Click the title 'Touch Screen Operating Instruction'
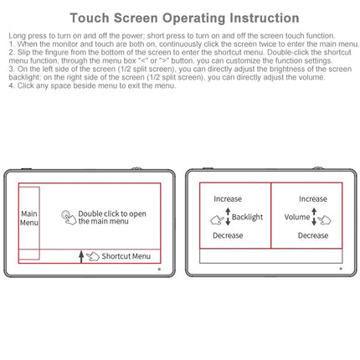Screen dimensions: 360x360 (183, 18)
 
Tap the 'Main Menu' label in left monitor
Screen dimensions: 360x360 (29, 219)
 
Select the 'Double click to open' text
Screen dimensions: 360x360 (112, 213)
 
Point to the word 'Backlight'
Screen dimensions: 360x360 (247, 217)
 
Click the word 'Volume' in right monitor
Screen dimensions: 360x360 (296, 217)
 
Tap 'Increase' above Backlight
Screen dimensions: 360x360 (228, 199)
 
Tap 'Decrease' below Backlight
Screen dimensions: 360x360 (228, 236)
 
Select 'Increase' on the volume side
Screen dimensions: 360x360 (313, 199)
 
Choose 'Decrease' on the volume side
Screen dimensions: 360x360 (313, 236)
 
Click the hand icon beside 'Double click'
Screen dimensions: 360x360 (69, 217)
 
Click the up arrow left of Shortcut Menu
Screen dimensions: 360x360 (81, 256)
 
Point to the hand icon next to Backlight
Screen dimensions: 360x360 (220, 218)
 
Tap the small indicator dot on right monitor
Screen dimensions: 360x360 (341, 270)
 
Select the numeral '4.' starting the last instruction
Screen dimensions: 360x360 (12, 85)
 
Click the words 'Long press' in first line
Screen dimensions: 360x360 (23, 34)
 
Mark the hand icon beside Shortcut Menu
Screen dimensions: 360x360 (92, 256)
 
